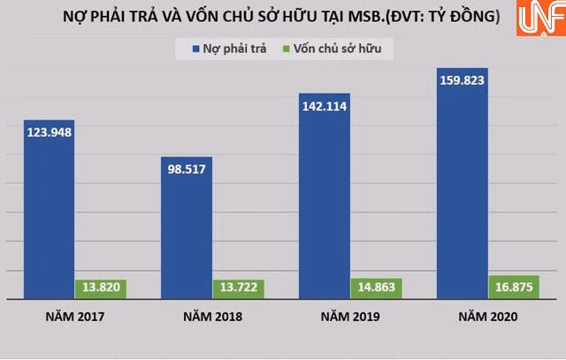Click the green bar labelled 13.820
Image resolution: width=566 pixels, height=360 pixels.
point(101,288)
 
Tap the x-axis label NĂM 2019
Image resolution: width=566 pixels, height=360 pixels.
point(350,317)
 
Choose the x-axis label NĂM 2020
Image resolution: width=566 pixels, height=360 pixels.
point(488,317)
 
